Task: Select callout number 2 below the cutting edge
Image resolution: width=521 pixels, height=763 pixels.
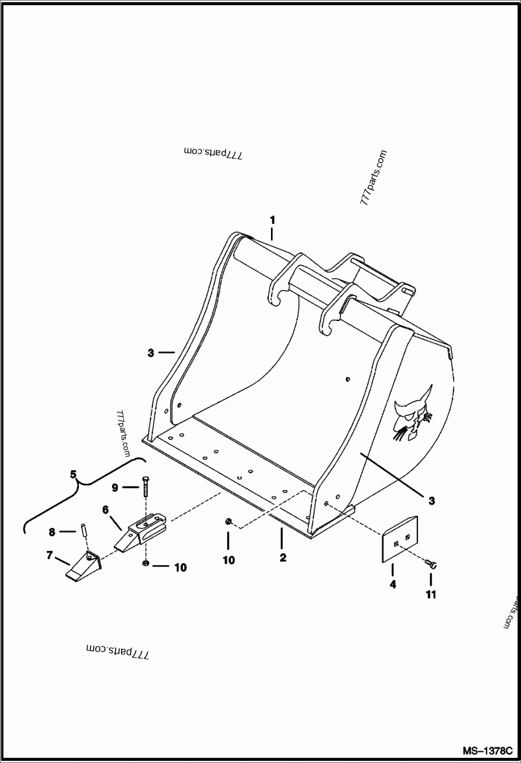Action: [282, 558]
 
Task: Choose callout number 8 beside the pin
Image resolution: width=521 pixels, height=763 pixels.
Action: [51, 532]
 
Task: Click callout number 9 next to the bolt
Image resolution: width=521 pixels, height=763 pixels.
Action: [114, 487]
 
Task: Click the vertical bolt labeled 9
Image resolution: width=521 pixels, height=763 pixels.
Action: [145, 488]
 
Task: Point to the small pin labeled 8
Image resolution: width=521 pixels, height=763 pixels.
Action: [85, 529]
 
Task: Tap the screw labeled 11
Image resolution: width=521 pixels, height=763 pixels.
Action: [431, 564]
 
